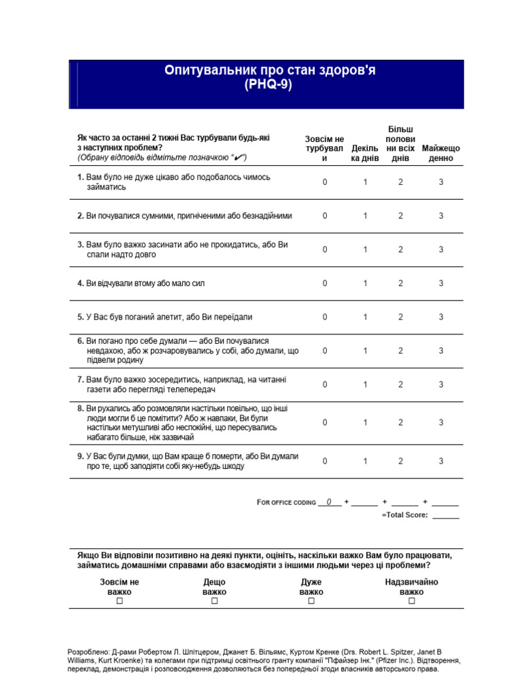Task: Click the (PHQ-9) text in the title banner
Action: coord(266,85)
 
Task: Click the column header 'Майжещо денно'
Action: coord(440,153)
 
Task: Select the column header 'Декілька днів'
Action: coord(365,153)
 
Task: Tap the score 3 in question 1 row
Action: coord(440,182)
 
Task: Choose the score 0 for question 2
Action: coord(325,216)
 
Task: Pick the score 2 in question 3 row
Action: coord(400,249)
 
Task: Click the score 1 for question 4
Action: coord(365,283)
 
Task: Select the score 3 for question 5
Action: coord(440,317)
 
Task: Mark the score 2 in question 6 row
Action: coord(400,351)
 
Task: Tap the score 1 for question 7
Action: coord(365,385)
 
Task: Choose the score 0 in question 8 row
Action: coord(325,423)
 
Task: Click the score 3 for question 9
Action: coord(440,462)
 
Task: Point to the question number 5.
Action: coord(80,317)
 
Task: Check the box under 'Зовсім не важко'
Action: coord(120,602)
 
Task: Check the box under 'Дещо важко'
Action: coord(214,602)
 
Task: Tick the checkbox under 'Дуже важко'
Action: coord(311,602)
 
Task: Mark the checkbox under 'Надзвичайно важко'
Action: coord(411,602)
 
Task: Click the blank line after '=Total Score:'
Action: coord(445,515)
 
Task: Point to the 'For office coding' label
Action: coord(286,502)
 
